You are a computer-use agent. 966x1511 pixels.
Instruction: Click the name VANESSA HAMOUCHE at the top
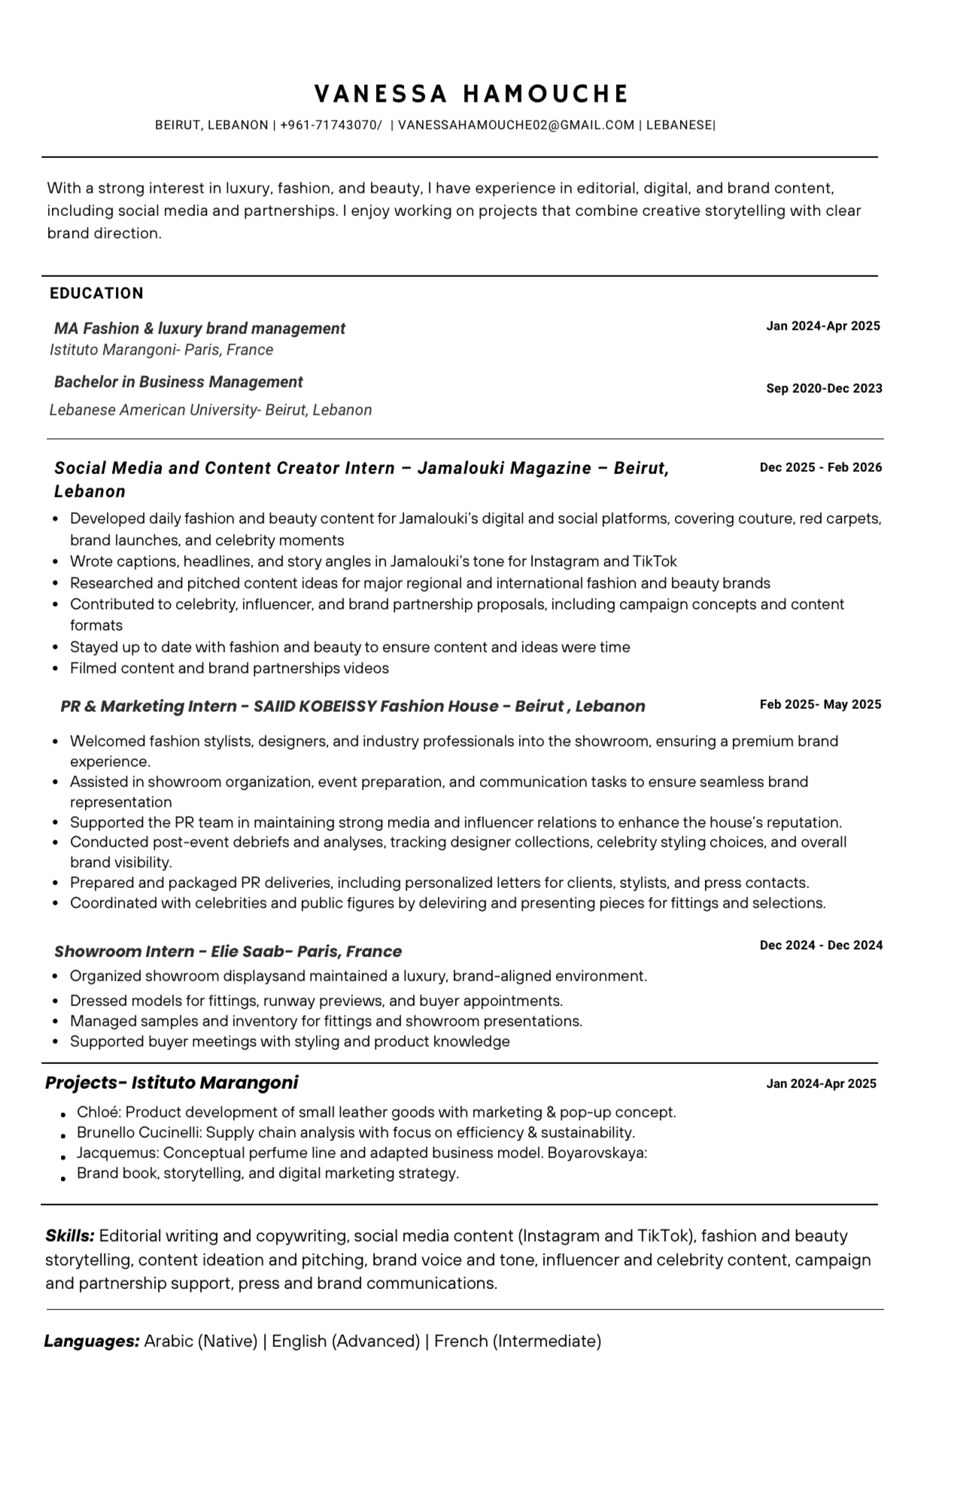point(471,93)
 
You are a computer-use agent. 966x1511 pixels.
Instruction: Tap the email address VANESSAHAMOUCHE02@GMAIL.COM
point(515,125)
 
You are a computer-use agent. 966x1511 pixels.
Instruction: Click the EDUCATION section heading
point(96,293)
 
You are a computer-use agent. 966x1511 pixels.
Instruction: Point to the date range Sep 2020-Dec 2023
point(824,388)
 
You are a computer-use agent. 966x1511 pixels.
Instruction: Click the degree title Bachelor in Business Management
point(178,382)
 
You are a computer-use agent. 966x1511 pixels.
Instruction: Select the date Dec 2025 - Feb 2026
point(820,467)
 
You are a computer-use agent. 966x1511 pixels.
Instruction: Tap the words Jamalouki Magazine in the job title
point(504,468)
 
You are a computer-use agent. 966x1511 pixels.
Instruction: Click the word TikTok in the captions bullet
point(655,561)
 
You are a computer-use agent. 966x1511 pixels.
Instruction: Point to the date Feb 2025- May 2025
point(820,704)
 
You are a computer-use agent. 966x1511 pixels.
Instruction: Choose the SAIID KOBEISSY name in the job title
point(314,707)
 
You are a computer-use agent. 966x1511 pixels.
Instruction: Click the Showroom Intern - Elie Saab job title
point(228,951)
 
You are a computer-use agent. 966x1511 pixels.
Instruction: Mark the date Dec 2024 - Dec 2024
point(821,945)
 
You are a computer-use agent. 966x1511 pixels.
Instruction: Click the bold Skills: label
point(70,1236)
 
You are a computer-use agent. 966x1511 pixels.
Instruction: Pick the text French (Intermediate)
point(518,1341)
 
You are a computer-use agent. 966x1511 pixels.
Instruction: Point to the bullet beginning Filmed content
point(229,668)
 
